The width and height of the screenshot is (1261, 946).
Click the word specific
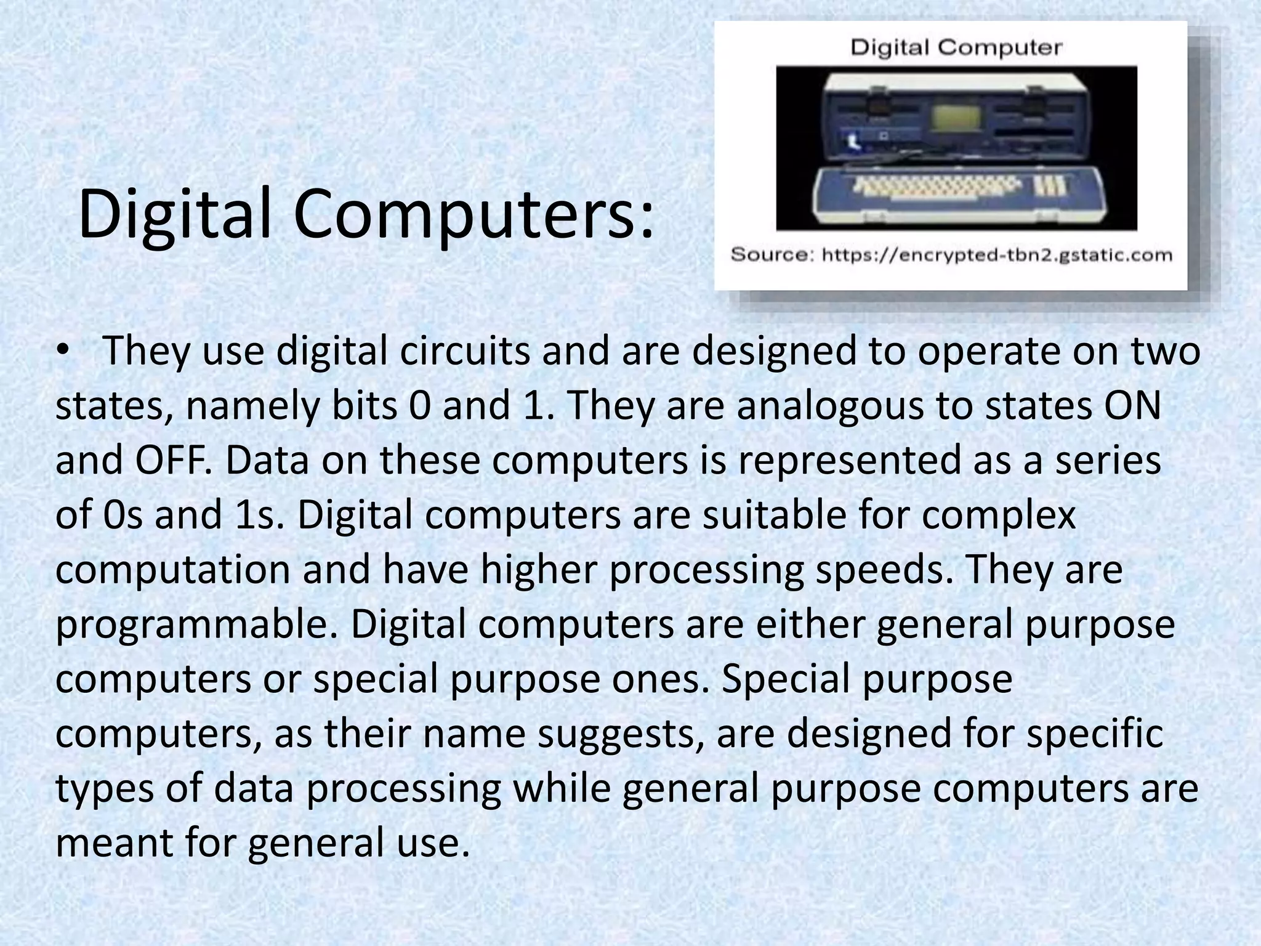1096,734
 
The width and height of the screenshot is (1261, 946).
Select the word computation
172,570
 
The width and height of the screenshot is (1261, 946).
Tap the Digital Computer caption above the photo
956,47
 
